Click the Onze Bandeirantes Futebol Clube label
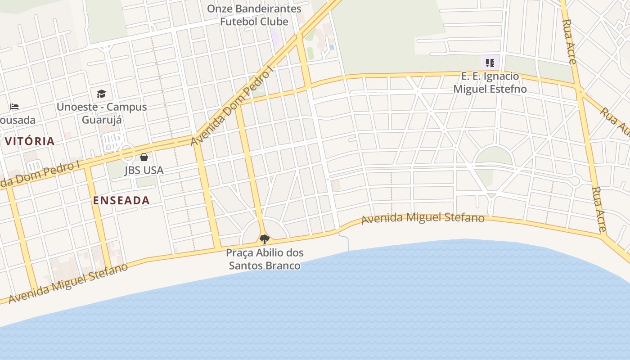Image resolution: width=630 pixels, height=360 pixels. coord(254,15)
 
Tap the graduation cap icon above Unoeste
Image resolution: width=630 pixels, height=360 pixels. coord(101,94)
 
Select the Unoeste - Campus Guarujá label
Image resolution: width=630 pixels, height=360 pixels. coord(102,113)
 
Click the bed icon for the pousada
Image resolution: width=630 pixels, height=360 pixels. coord(14,107)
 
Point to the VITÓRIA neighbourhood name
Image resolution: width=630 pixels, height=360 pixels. coord(30,141)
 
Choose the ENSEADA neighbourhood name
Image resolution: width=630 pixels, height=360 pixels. coord(121,201)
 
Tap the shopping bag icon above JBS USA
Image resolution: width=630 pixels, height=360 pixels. coord(144,157)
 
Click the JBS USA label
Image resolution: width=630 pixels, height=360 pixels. coord(144,171)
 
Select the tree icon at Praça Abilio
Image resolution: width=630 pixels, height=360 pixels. coord(265,239)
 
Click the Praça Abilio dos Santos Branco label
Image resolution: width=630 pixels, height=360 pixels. coord(265,259)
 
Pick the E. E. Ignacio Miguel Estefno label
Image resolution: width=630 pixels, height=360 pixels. coord(490,82)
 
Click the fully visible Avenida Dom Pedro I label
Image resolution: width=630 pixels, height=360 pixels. coord(232,107)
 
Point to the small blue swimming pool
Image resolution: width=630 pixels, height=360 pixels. coord(332,47)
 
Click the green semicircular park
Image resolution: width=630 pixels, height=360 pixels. coord(494,155)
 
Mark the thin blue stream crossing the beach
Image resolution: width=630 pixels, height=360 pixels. coord(347,242)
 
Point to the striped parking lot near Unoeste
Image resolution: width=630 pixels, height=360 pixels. coord(112,141)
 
